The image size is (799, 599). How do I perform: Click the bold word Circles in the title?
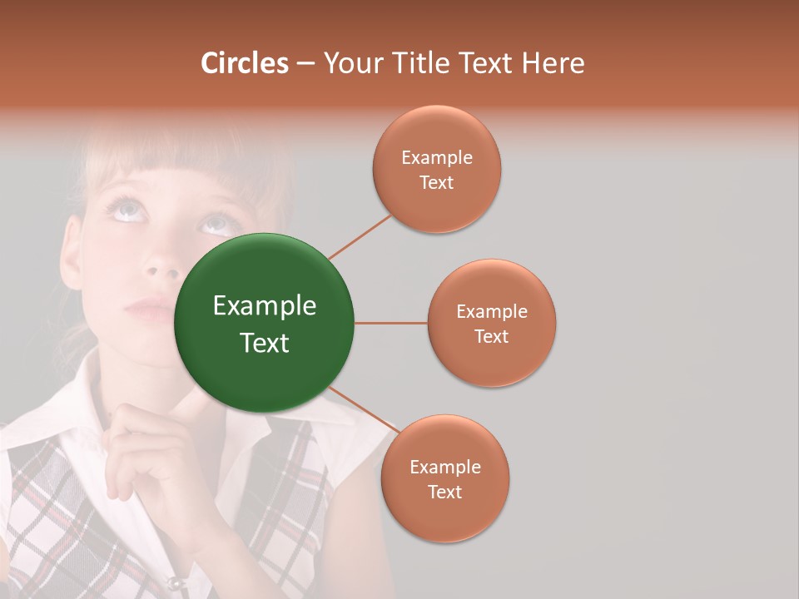click(244, 63)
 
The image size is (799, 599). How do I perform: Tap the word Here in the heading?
click(553, 63)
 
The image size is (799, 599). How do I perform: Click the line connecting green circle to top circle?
click(360, 236)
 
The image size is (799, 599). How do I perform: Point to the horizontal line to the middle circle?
click(390, 323)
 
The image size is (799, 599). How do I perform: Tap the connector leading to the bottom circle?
click(364, 409)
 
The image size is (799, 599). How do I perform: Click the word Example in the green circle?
click(264, 306)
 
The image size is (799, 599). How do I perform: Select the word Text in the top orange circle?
click(437, 183)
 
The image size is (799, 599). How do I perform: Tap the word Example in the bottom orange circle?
click(444, 468)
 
